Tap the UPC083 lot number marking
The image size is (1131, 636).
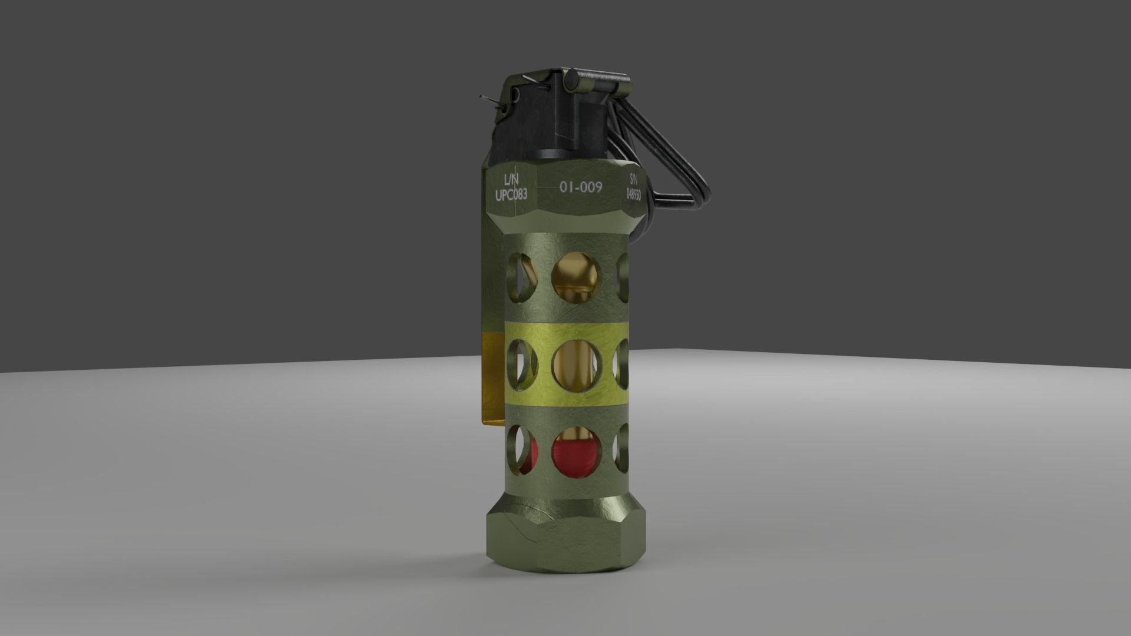[x=511, y=194]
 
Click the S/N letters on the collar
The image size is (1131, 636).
[x=633, y=178]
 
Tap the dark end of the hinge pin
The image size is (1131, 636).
[x=571, y=78]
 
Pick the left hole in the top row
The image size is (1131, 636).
[x=521, y=276]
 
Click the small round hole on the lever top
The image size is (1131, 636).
[x=516, y=94]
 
